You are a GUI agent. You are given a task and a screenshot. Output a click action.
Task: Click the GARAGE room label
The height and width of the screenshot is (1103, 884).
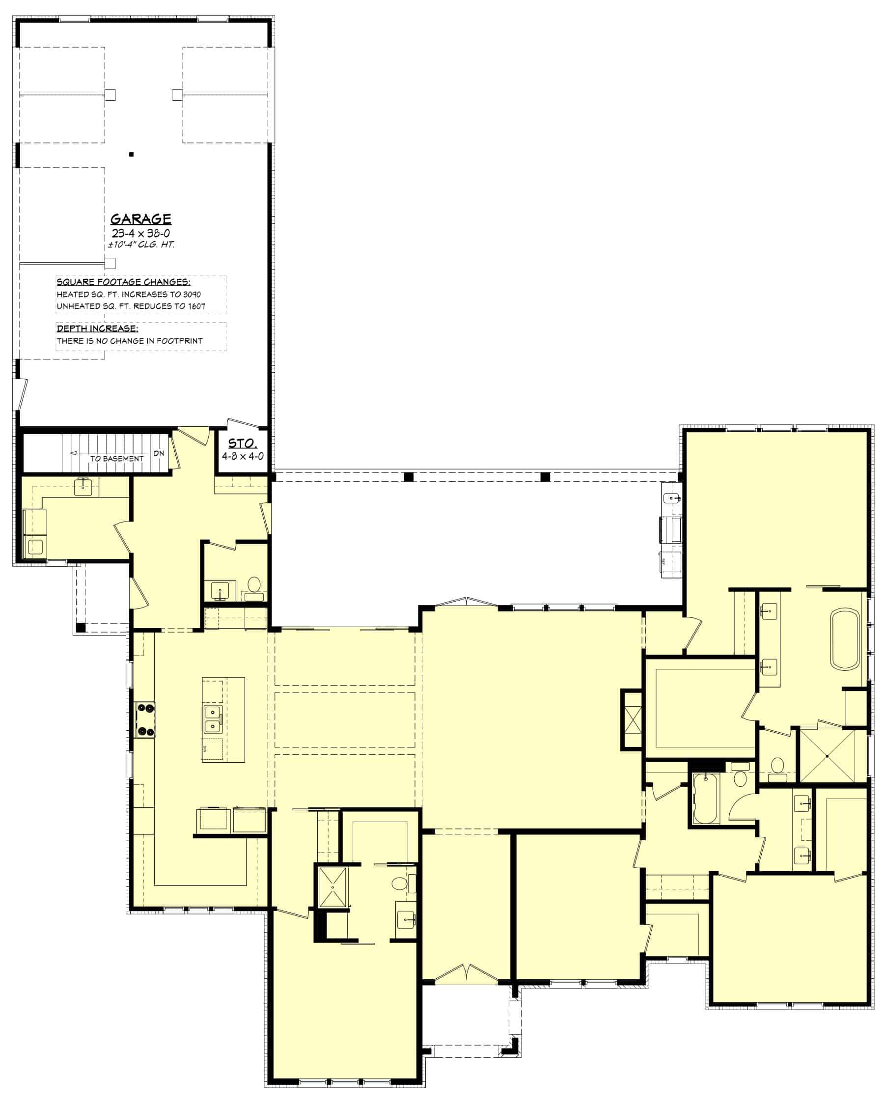pos(140,219)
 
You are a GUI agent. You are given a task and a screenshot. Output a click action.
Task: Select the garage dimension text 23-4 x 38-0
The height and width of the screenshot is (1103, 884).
pos(140,233)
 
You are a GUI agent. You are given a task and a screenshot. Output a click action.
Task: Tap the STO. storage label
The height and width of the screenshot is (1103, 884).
pos(242,443)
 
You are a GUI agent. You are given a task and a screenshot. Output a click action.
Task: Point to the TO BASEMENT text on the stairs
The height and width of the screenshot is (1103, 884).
pos(117,458)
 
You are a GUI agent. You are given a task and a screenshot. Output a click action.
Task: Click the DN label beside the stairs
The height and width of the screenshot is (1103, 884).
pos(159,453)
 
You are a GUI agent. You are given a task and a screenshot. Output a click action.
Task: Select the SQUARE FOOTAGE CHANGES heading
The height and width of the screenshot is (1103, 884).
pos(123,282)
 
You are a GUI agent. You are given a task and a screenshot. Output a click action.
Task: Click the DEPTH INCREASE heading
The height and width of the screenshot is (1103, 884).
pos(97,329)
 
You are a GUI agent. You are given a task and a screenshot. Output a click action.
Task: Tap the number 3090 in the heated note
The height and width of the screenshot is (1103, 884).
pos(192,295)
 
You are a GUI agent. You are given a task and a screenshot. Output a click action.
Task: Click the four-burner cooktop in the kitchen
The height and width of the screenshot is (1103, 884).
pos(145,720)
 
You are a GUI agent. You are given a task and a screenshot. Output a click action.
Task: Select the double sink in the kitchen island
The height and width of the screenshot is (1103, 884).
pos(213,719)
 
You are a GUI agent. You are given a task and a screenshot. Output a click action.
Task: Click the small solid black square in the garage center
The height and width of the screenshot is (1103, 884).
pos(132,154)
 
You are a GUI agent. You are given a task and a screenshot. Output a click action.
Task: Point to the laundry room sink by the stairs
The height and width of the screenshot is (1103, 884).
pos(83,487)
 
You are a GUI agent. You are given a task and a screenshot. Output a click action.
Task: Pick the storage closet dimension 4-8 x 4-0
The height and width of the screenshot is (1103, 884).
pos(243,456)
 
